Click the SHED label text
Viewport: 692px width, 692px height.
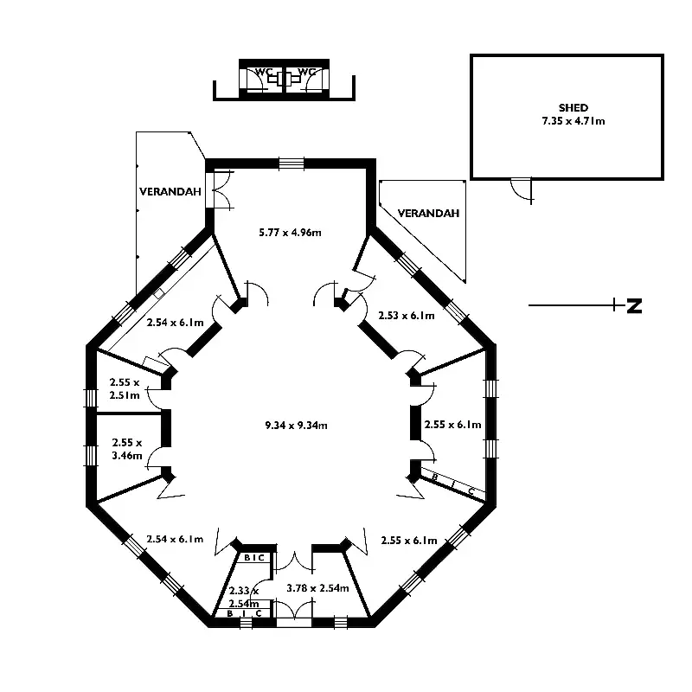point(567,108)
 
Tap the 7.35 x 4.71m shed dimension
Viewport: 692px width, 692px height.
point(567,121)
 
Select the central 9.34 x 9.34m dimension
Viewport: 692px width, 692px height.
point(296,425)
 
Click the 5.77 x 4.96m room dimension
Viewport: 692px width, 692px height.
point(292,232)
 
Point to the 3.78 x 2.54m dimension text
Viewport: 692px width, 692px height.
point(317,587)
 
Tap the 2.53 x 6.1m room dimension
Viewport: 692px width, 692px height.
point(407,316)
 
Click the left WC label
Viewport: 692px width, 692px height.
point(263,72)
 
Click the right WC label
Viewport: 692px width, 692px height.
point(306,72)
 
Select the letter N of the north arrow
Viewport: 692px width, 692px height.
point(634,305)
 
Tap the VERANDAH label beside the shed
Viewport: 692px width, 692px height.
point(429,213)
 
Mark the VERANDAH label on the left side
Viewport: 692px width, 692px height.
point(170,192)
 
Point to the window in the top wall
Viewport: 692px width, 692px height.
point(292,163)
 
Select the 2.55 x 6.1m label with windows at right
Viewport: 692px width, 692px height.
point(453,425)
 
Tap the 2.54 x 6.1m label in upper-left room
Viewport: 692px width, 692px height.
point(175,323)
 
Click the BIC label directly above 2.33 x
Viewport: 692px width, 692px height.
point(254,558)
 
